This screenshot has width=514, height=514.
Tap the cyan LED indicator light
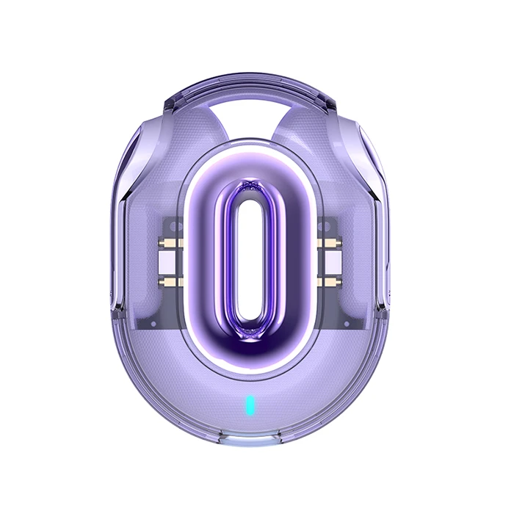click(250, 404)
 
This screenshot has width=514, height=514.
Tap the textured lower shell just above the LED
click(250, 378)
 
